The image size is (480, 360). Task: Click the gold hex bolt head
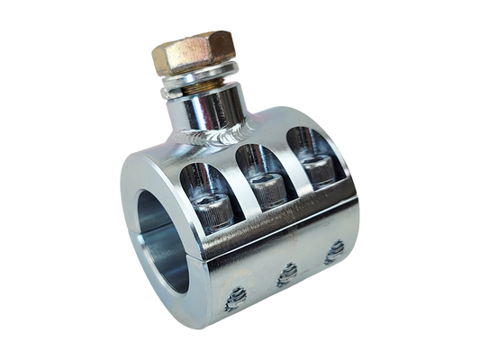194,50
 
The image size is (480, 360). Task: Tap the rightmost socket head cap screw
315,170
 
